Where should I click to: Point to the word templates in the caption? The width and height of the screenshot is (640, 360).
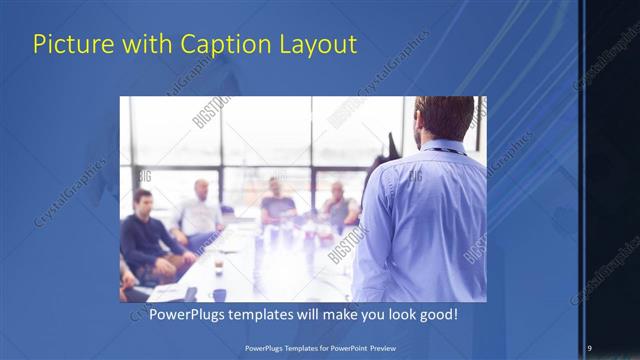coord(274,314)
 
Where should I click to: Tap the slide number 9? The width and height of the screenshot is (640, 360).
coord(589,347)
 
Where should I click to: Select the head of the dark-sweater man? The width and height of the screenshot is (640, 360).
coord(143,201)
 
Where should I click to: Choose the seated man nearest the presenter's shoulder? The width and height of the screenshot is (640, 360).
coord(339,205)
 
